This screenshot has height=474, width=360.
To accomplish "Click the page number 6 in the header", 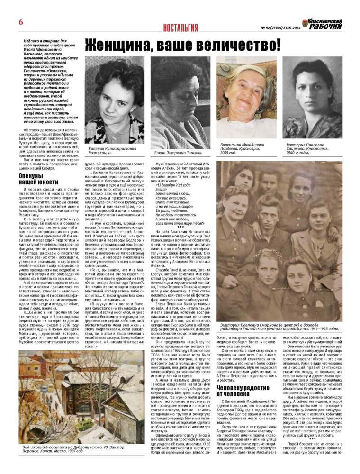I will coord(21,23).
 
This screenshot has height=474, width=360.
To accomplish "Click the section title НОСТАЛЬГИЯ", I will coord(180,27).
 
